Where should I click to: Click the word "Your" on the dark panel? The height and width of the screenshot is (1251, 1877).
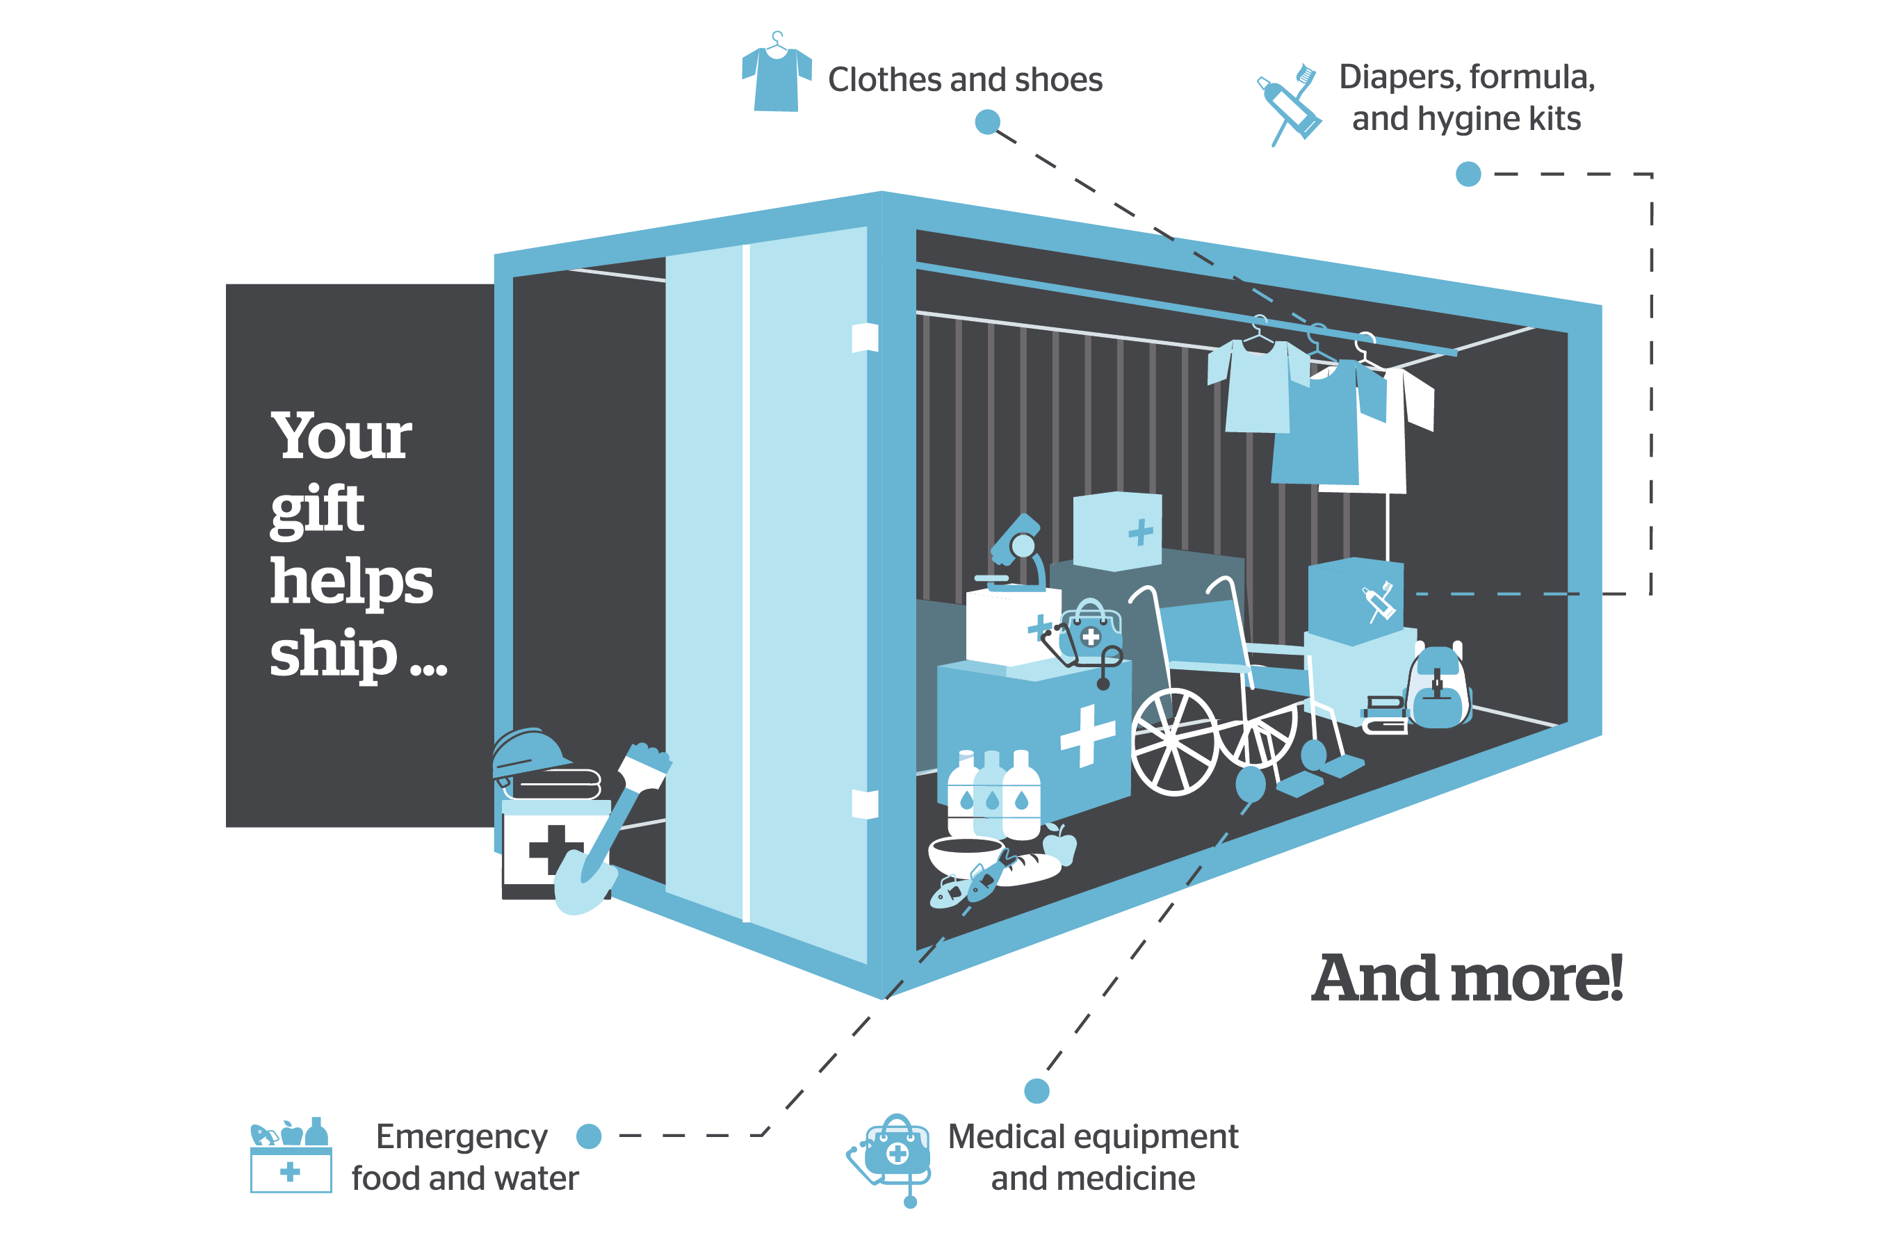[x=341, y=436]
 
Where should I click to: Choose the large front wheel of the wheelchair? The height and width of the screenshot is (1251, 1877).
[x=1174, y=742]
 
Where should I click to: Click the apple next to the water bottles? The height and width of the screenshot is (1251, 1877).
[x=1059, y=847]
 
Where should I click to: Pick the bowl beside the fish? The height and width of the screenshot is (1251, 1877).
[x=966, y=853]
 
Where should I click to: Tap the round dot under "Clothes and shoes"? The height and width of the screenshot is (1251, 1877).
[x=987, y=122]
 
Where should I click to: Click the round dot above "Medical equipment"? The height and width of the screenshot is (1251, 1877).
[x=1037, y=1090]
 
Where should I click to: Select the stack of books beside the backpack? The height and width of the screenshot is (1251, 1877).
[x=1385, y=714]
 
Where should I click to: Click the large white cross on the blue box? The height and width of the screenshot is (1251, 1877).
[x=1087, y=735]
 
